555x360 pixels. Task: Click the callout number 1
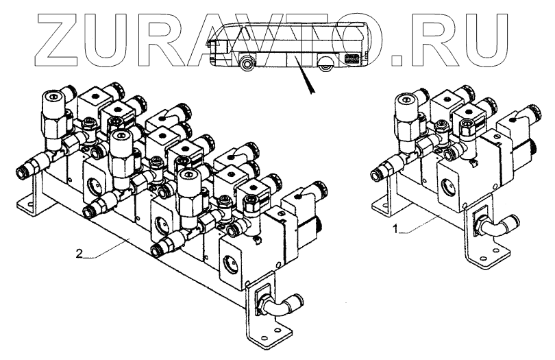click(397, 229)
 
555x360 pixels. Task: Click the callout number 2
click(79, 254)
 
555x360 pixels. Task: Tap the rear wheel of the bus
click(325, 64)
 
